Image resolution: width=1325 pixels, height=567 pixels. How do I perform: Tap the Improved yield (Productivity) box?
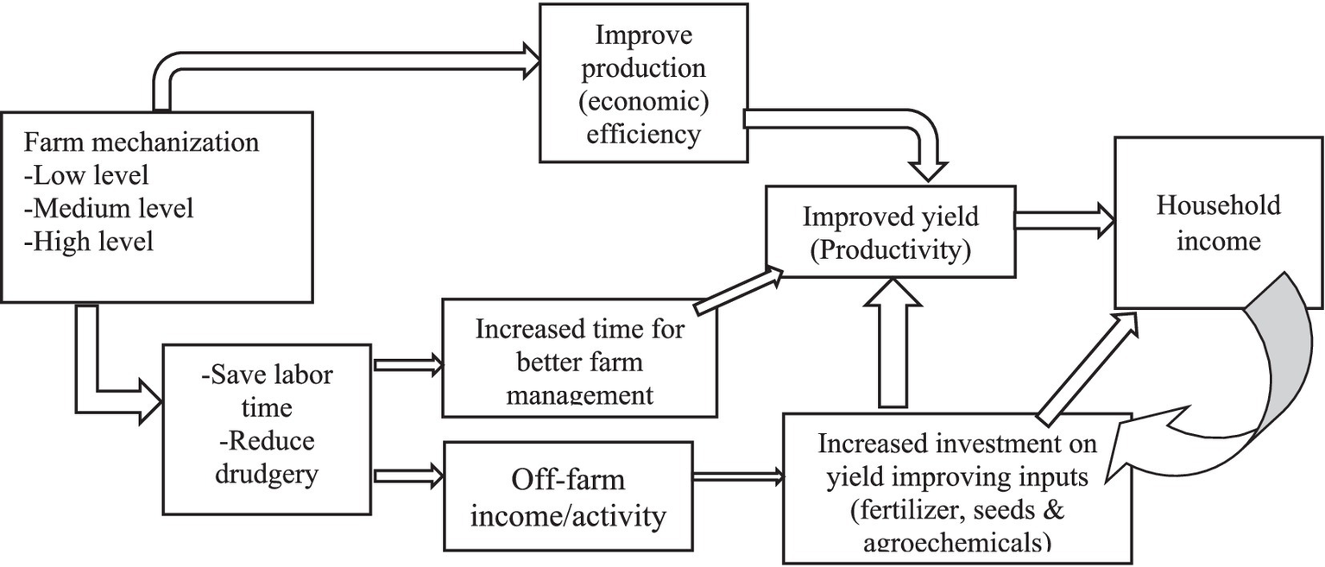(x=890, y=233)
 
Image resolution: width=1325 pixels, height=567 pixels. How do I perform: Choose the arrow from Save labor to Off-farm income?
(x=407, y=474)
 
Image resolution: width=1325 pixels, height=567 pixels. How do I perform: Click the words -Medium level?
(x=109, y=208)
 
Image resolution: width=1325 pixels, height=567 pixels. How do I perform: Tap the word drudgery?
(x=268, y=474)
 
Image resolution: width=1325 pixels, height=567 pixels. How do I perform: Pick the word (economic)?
(x=642, y=101)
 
